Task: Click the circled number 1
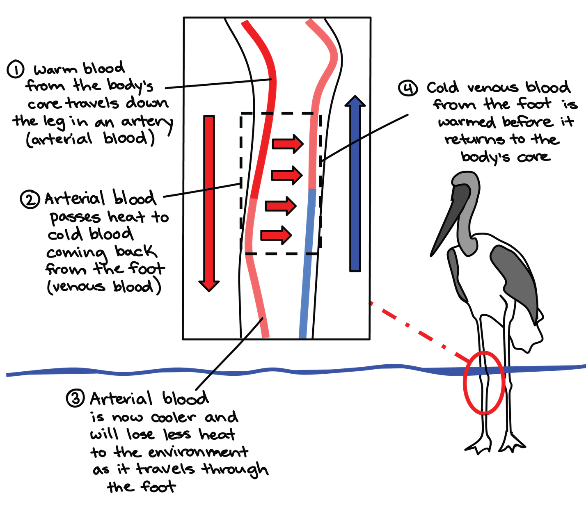[x=16, y=69]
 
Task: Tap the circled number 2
[x=29, y=200]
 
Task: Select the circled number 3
[x=75, y=398]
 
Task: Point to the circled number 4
[x=408, y=88]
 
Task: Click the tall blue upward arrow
[x=355, y=185]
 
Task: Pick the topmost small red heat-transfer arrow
[x=287, y=144]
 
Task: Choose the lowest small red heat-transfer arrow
[x=276, y=235]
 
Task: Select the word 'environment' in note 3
[x=198, y=452]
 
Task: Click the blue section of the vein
[x=308, y=263]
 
